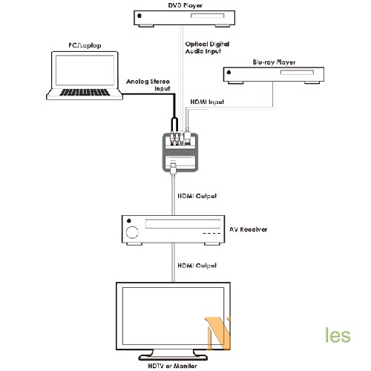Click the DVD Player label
[185, 5]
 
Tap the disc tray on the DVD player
[207, 16]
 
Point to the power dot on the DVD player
[139, 16]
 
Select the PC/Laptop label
[85, 45]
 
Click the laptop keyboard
[85, 92]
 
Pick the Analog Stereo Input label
[148, 85]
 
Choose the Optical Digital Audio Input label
[207, 47]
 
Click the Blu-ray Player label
[274, 62]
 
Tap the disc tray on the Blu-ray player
[297, 72]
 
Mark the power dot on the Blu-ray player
[229, 72]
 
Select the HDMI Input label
[207, 102]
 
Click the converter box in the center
[180, 152]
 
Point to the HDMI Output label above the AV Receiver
[197, 196]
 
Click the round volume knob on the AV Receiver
[132, 232]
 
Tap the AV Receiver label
[248, 229]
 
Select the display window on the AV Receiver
[183, 224]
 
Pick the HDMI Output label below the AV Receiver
[197, 266]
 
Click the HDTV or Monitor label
[173, 366]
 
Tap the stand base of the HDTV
[173, 358]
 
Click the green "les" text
[338, 335]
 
